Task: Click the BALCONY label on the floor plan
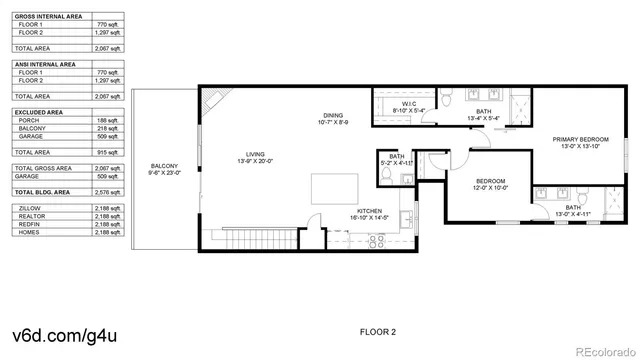click(164, 166)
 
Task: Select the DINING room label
click(332, 116)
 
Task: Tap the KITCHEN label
click(367, 210)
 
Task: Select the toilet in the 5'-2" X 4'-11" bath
click(386, 173)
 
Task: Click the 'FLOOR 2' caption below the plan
click(378, 330)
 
